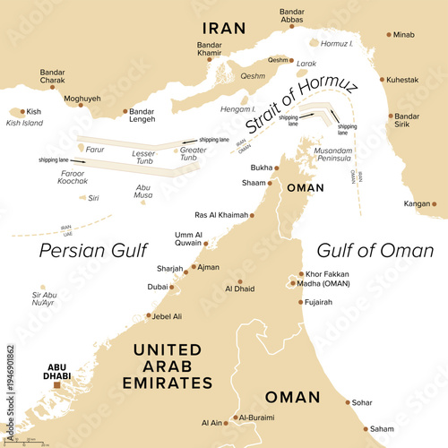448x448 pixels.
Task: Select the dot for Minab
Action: (x=389, y=35)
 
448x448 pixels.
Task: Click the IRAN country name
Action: (x=224, y=28)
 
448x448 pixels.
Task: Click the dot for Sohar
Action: (x=347, y=403)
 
